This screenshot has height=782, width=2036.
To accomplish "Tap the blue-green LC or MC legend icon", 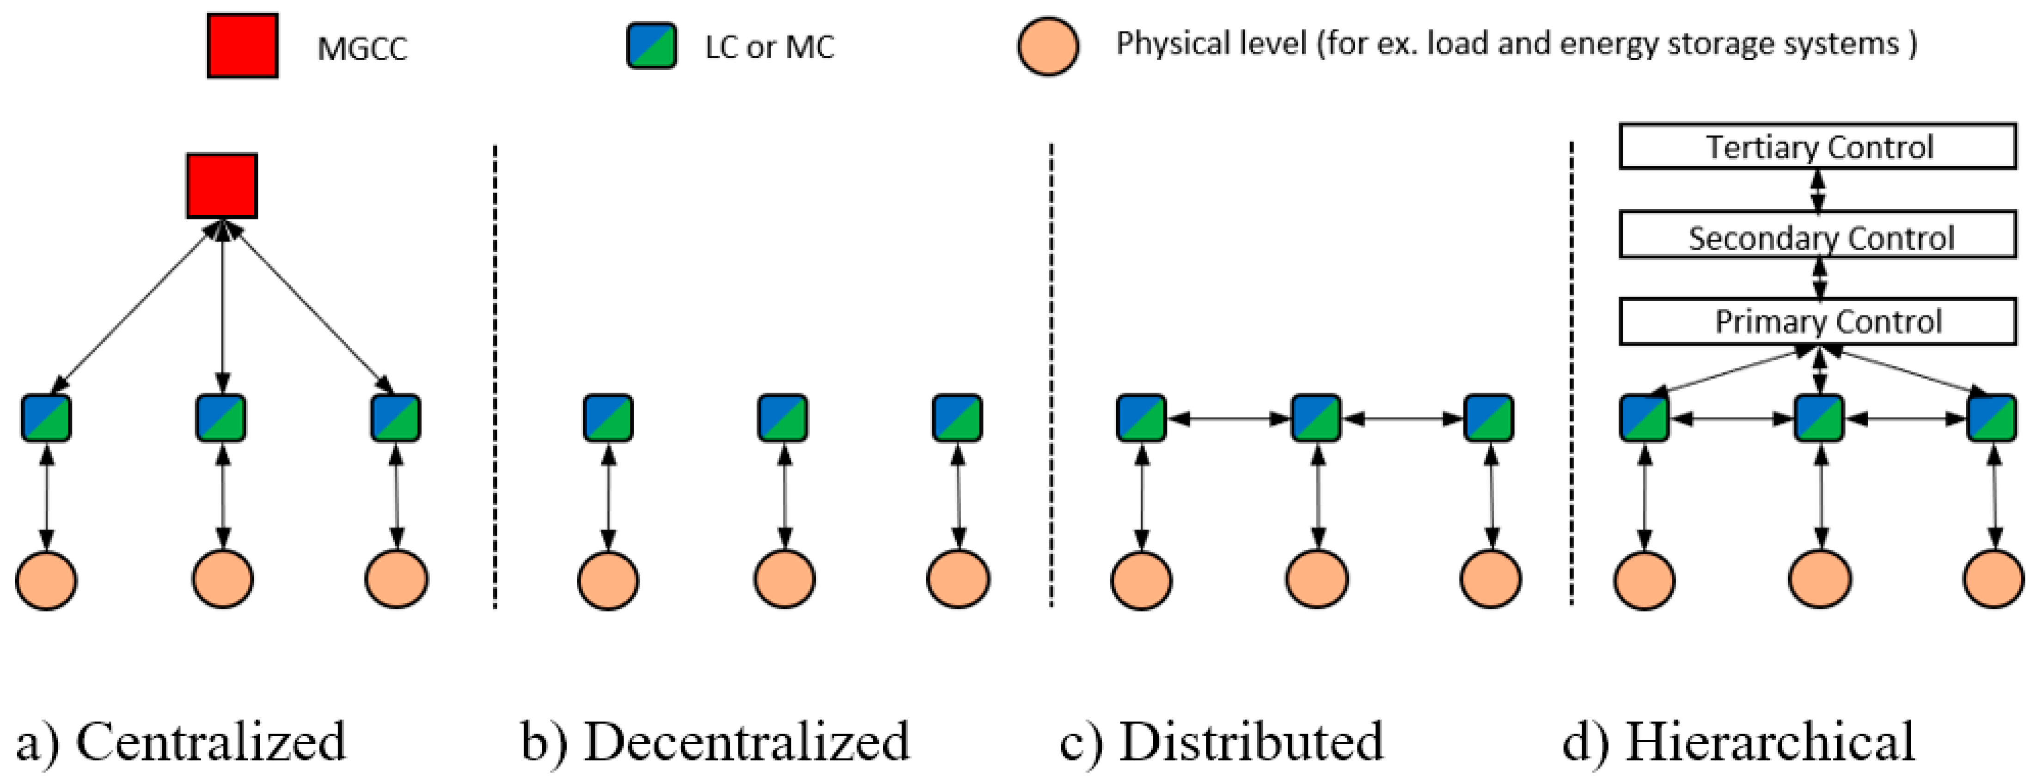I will click(651, 46).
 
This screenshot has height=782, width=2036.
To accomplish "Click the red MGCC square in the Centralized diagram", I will click(222, 186).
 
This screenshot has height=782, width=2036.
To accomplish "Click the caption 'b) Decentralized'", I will click(715, 742).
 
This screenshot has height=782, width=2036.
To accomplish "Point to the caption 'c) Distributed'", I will click(1222, 742).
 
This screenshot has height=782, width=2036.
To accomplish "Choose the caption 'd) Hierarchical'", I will click(1739, 742).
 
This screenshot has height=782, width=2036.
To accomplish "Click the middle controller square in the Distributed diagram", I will click(1316, 418).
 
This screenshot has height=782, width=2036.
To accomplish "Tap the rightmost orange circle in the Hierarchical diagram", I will click(1993, 580).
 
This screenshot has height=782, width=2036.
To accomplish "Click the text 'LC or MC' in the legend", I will click(769, 48).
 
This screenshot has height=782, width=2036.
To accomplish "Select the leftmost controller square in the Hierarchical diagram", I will click(1644, 418).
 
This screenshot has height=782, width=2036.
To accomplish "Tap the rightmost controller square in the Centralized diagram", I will click(395, 418).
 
